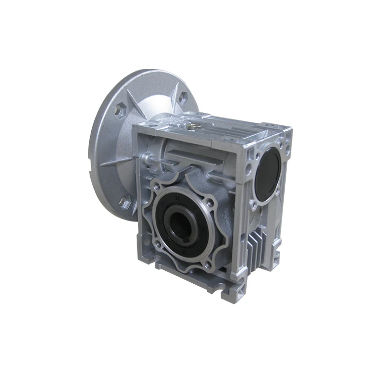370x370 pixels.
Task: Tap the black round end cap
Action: click(268, 174)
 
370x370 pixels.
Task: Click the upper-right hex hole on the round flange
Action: click(183, 98)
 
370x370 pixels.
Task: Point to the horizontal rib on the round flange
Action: click(114, 161)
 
